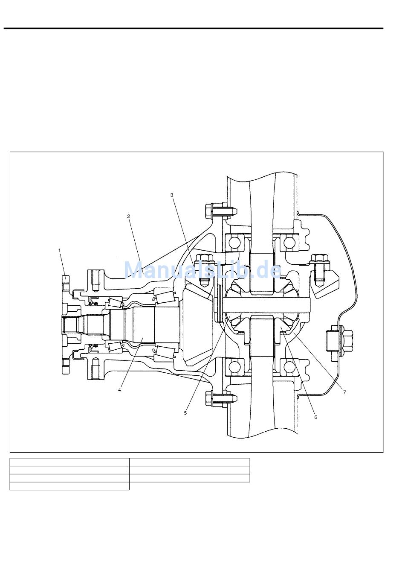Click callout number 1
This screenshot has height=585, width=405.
pyautogui.click(x=60, y=250)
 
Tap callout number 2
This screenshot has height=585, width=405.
pyautogui.click(x=128, y=216)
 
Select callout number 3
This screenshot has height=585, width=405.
pyautogui.click(x=172, y=195)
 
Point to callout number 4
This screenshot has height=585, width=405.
pyautogui.click(x=120, y=389)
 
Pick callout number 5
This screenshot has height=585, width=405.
pyautogui.click(x=185, y=413)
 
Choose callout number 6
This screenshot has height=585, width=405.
pyautogui.click(x=315, y=417)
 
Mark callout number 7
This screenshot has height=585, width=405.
pyautogui.click(x=344, y=392)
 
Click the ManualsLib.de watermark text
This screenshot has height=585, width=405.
pyautogui.click(x=202, y=270)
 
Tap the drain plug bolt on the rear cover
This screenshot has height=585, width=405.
pyautogui.click(x=336, y=339)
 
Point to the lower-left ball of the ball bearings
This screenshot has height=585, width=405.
pyautogui.click(x=234, y=366)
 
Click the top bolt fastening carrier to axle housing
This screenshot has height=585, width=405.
pyautogui.click(x=217, y=211)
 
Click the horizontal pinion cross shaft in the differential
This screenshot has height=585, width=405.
pyautogui.click(x=264, y=304)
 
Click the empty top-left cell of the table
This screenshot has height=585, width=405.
pyautogui.click(x=69, y=462)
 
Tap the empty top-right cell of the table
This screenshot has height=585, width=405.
pyautogui.click(x=190, y=462)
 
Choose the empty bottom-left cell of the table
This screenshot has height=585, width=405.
pyautogui.click(x=69, y=486)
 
